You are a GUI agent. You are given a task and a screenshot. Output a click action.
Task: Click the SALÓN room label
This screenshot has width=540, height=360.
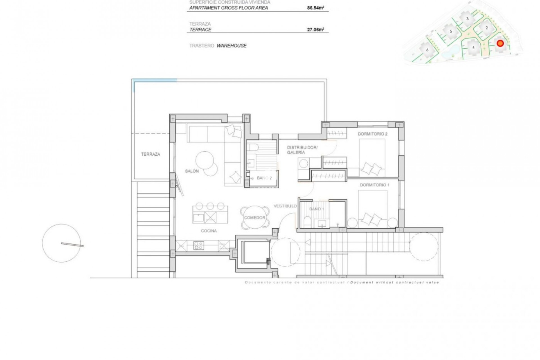(x=192, y=171)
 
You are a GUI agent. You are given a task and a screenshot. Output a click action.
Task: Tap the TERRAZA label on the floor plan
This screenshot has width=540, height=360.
(x=150, y=154)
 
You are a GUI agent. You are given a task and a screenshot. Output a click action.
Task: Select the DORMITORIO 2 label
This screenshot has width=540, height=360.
(x=372, y=134)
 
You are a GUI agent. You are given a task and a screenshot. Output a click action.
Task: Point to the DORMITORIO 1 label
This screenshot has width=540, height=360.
(x=375, y=185)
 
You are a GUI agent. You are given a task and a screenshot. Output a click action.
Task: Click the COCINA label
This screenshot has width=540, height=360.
(x=209, y=231)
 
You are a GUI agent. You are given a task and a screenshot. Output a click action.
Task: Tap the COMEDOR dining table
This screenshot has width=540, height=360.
(x=255, y=218)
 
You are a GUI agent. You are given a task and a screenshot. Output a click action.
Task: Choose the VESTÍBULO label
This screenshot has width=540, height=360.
(x=285, y=206)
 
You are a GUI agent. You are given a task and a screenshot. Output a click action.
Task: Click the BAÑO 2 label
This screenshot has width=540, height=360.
(x=264, y=178)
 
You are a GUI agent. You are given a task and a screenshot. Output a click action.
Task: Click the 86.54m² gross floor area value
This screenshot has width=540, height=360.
(x=316, y=8)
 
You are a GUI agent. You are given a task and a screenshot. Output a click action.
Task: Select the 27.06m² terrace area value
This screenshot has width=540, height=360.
(x=316, y=30)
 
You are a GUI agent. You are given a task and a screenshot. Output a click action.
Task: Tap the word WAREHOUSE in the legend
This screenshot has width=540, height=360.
(x=231, y=46)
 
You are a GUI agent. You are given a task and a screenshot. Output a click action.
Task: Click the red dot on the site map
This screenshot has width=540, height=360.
(x=500, y=43)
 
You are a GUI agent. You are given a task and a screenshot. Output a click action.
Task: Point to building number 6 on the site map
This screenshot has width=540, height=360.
(x=427, y=50)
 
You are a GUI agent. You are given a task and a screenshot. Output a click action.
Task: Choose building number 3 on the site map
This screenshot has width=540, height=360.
(x=467, y=19)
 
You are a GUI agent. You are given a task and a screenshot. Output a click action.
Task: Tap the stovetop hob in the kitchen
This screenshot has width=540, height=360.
(x=199, y=246)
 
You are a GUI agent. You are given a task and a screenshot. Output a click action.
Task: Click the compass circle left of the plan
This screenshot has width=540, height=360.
(x=61, y=243)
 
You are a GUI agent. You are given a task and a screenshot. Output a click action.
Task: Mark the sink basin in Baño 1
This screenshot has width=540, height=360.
(x=322, y=224)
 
